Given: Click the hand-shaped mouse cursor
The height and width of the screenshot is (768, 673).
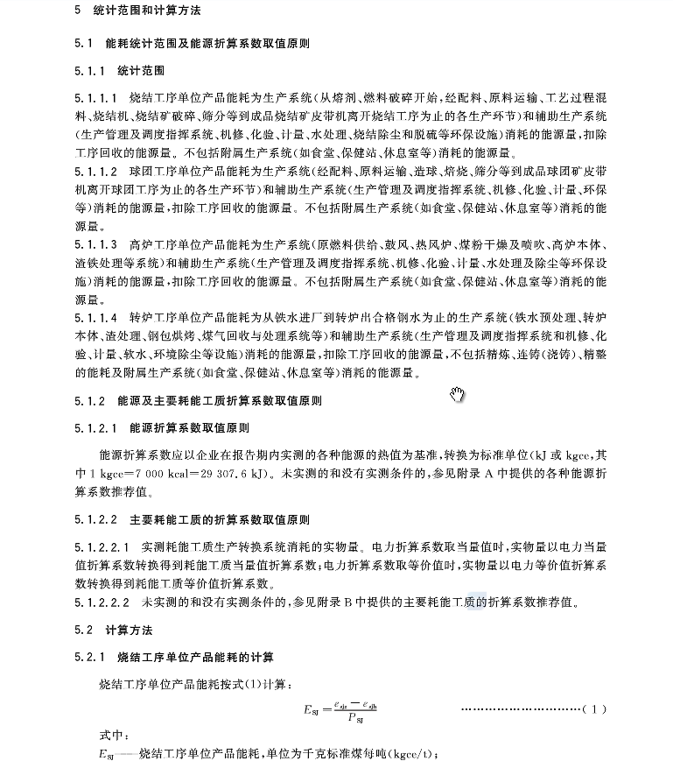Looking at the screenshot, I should (457, 395).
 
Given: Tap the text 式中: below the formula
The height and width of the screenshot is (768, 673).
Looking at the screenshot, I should (113, 735).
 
